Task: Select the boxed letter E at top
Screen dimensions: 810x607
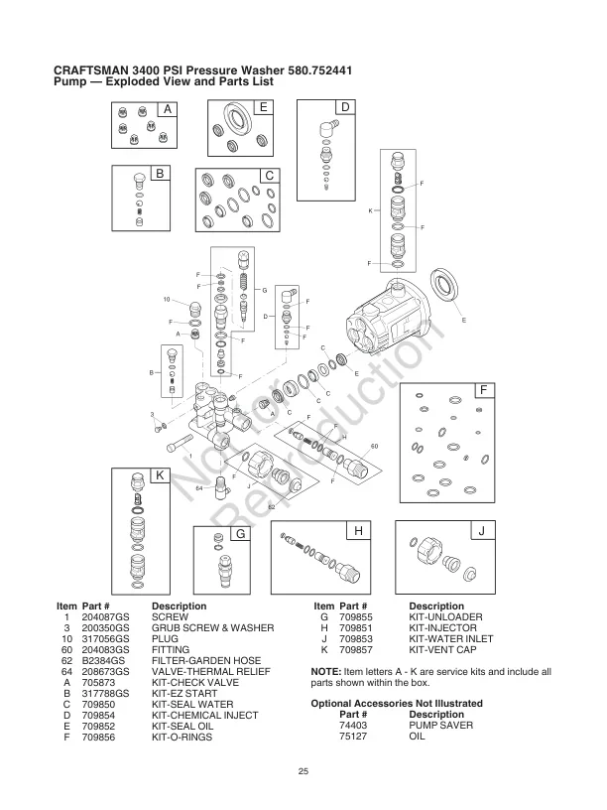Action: [x=264, y=107]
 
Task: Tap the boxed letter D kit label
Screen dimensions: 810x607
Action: [x=345, y=107]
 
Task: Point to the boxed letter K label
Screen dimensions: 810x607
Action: [x=159, y=476]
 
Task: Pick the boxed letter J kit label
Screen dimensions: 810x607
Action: [x=480, y=533]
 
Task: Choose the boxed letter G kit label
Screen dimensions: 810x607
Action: [x=239, y=533]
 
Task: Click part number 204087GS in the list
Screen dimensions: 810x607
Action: [x=106, y=616]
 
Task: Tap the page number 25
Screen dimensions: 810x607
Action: [x=303, y=772]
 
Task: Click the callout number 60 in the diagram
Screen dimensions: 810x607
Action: [x=375, y=447]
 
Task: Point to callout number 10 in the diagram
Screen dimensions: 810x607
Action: [x=168, y=299]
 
